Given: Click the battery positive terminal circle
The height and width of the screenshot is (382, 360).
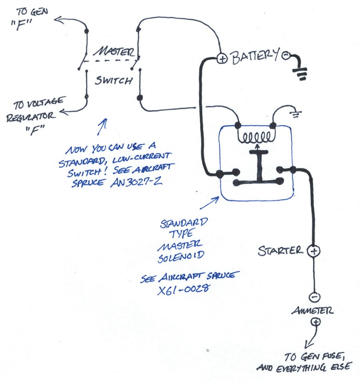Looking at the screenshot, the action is click(222, 59).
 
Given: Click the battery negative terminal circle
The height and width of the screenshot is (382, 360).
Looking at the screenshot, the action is click(285, 56).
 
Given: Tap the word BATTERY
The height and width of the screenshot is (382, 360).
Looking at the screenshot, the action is click(255, 56).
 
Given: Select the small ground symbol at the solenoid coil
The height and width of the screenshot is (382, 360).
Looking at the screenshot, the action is click(295, 114).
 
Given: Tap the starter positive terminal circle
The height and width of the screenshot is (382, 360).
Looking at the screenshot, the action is click(314, 251).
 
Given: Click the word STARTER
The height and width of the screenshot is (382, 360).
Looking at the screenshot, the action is click(280, 251).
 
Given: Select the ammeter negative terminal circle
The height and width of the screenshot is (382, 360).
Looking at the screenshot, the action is click(315, 297).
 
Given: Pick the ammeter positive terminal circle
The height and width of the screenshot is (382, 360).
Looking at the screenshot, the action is click(316, 322).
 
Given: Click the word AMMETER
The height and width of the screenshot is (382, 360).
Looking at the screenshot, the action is click(313, 310).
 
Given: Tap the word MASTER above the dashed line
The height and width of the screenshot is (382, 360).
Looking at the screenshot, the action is click(114, 52).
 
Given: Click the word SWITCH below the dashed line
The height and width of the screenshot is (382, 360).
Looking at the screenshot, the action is click(114, 80).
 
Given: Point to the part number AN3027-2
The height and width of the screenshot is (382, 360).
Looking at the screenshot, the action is click(136, 182).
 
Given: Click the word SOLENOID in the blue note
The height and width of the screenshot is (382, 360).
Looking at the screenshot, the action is click(181, 257).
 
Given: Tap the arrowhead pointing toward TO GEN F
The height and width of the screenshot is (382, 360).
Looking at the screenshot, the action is click(58, 20).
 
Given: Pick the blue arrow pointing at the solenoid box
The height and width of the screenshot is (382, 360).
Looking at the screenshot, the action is click(209, 203).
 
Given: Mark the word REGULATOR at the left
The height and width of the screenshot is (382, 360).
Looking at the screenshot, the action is click(31, 117).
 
